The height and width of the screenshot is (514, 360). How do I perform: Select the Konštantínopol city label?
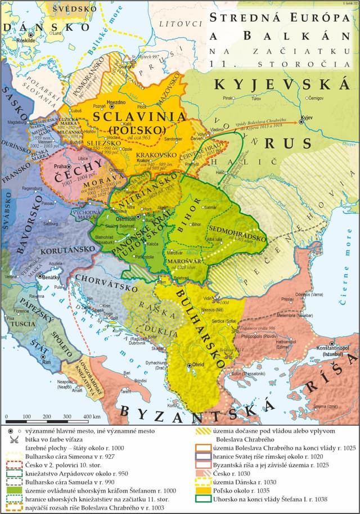(334, 350)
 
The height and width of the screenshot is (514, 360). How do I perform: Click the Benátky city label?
(52, 278)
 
